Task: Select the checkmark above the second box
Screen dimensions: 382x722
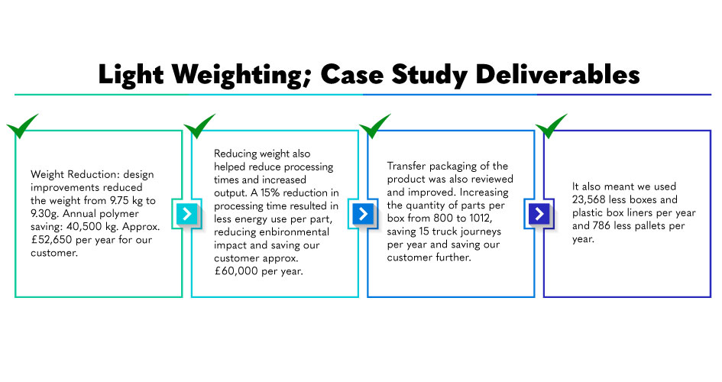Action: coord(199,126)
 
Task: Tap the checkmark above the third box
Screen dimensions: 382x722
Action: coord(375,126)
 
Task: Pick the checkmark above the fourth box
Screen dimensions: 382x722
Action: coord(552,126)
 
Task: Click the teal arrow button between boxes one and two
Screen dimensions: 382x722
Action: coord(186,214)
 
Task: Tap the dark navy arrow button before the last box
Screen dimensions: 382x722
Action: coord(539,214)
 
